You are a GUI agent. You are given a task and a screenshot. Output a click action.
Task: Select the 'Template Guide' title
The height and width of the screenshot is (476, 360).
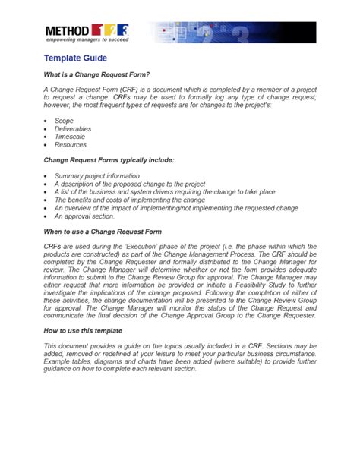[x=74, y=58]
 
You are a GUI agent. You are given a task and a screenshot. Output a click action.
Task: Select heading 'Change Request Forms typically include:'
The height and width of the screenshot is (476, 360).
[x=109, y=160]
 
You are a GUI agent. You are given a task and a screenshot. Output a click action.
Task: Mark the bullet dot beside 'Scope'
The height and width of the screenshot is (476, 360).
[x=46, y=121]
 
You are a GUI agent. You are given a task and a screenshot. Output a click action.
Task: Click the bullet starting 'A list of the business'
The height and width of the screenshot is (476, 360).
[x=164, y=191]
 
